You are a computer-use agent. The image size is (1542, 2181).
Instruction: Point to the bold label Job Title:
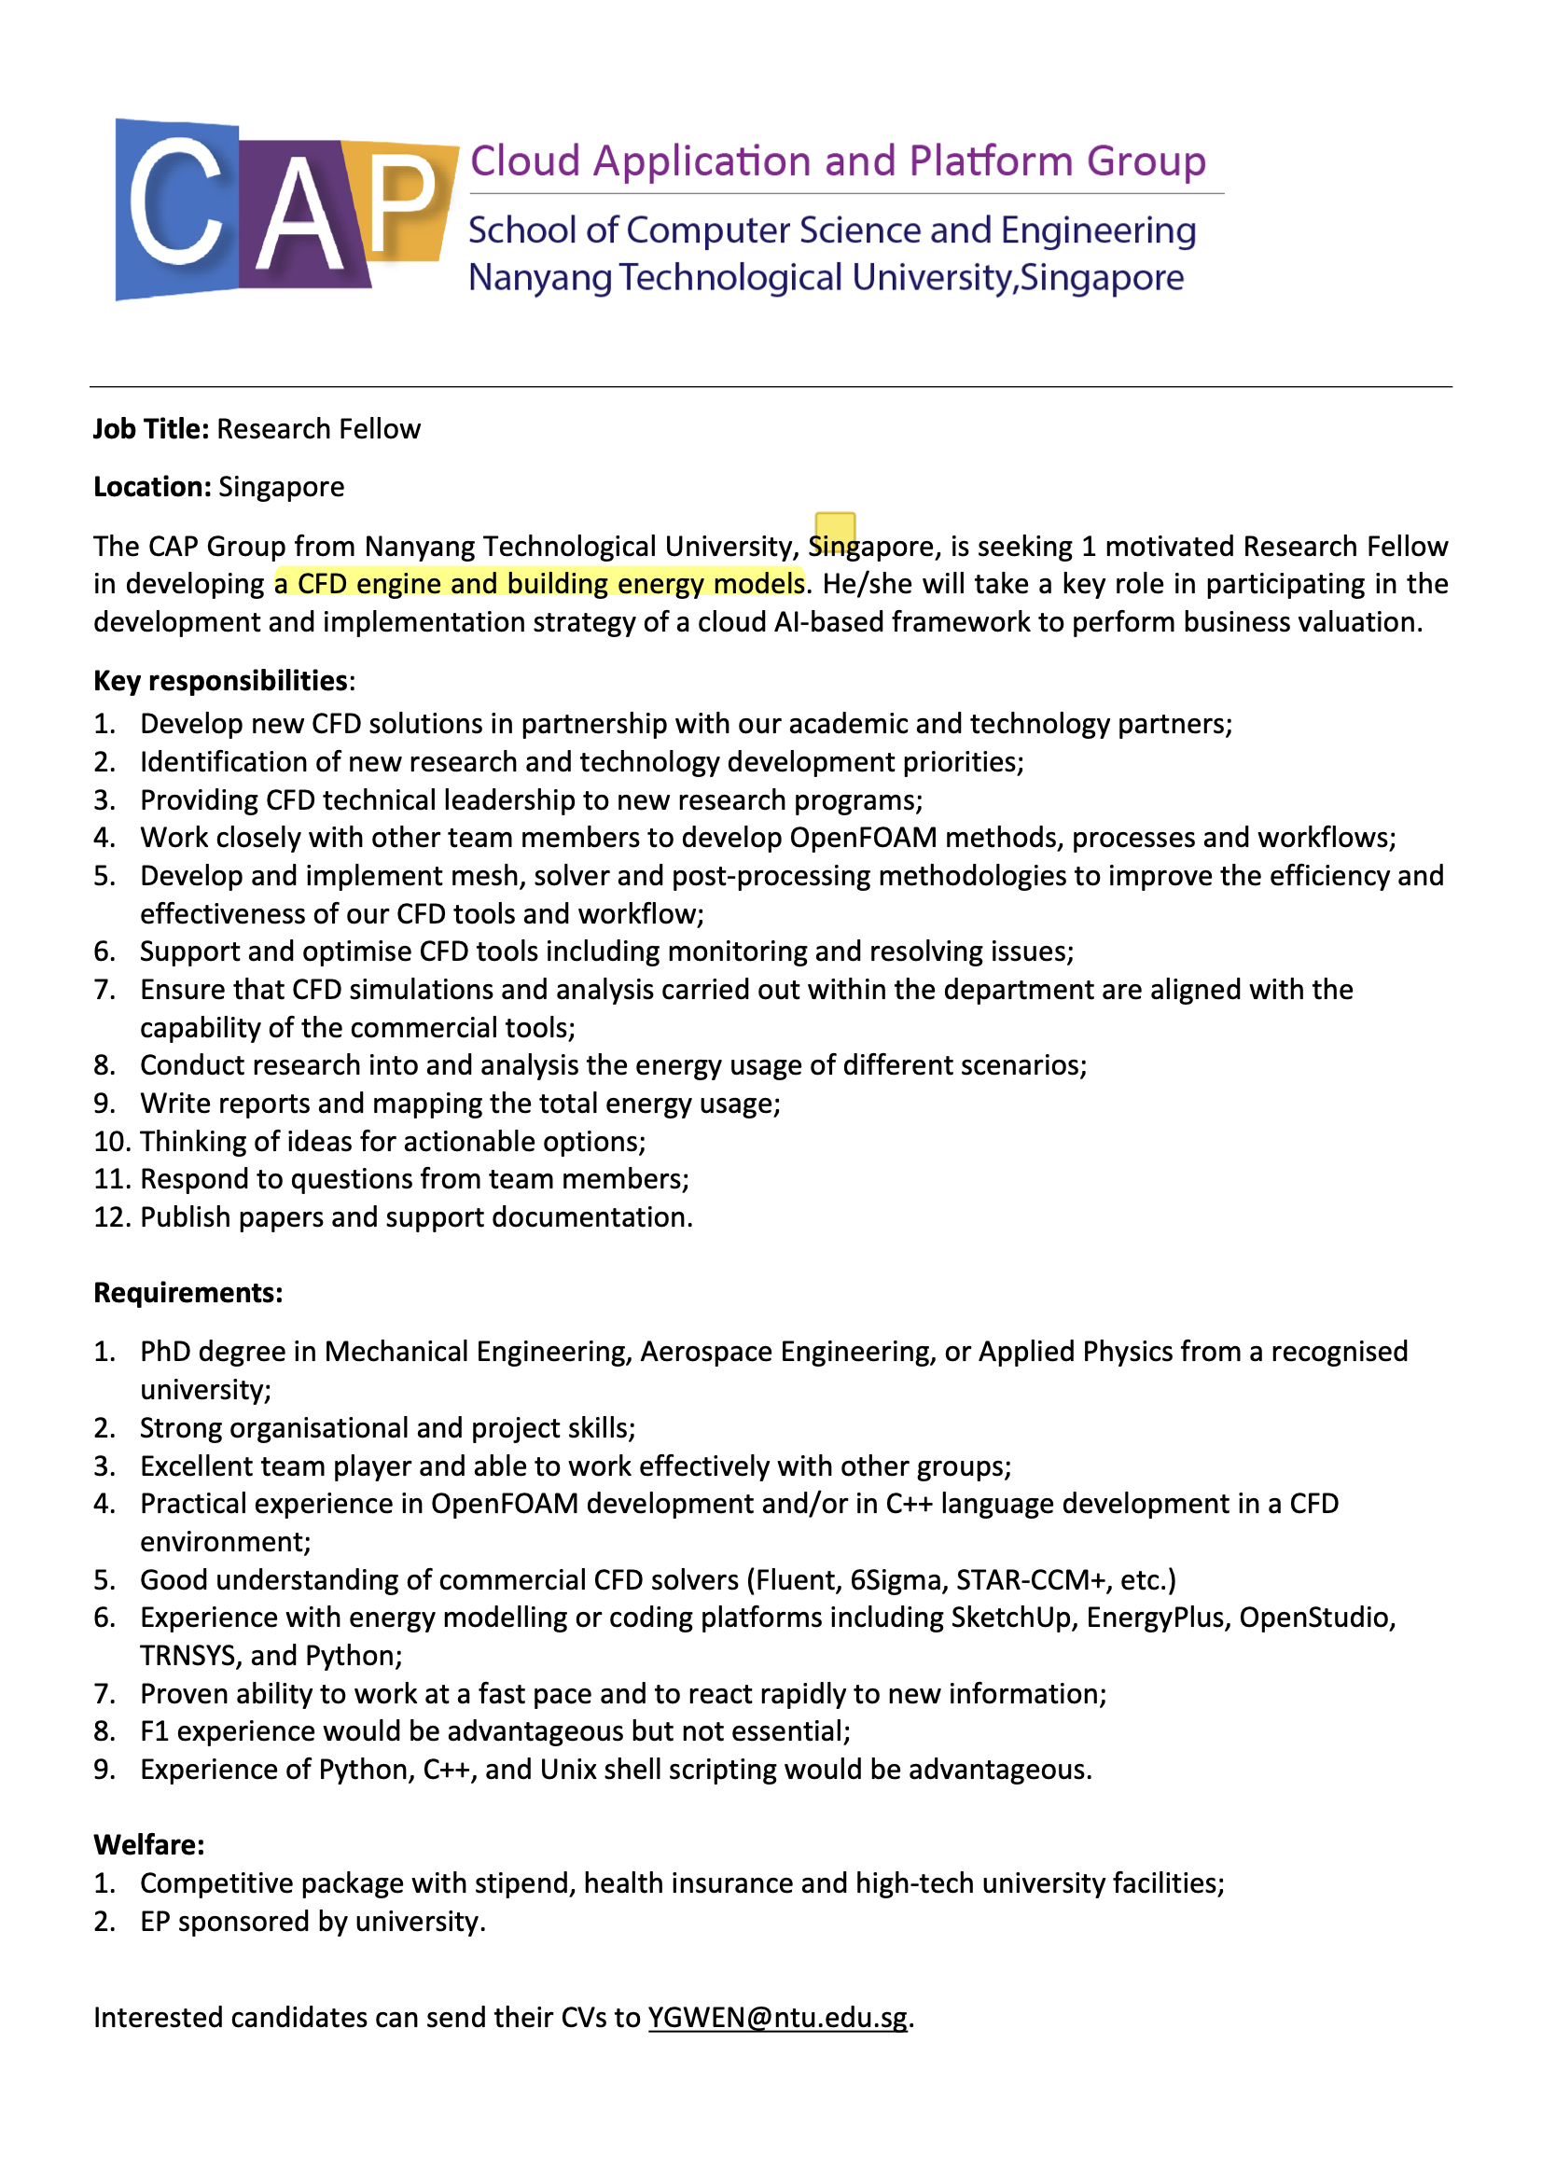pyautogui.click(x=151, y=429)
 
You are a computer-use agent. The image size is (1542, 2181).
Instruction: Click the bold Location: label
pyautogui.click(x=152, y=487)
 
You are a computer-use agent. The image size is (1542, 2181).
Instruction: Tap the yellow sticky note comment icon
pyautogui.click(x=835, y=529)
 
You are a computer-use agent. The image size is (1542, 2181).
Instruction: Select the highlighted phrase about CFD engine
pyautogui.click(x=538, y=583)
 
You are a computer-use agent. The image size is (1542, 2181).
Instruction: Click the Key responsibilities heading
pyautogui.click(x=220, y=681)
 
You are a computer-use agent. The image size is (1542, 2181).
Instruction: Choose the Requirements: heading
pyautogui.click(x=188, y=1293)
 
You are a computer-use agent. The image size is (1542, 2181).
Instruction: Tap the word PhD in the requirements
pyautogui.click(x=165, y=1352)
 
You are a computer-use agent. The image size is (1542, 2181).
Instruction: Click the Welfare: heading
pyautogui.click(x=149, y=1845)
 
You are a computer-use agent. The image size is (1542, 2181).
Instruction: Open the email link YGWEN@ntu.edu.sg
pyautogui.click(x=777, y=2018)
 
